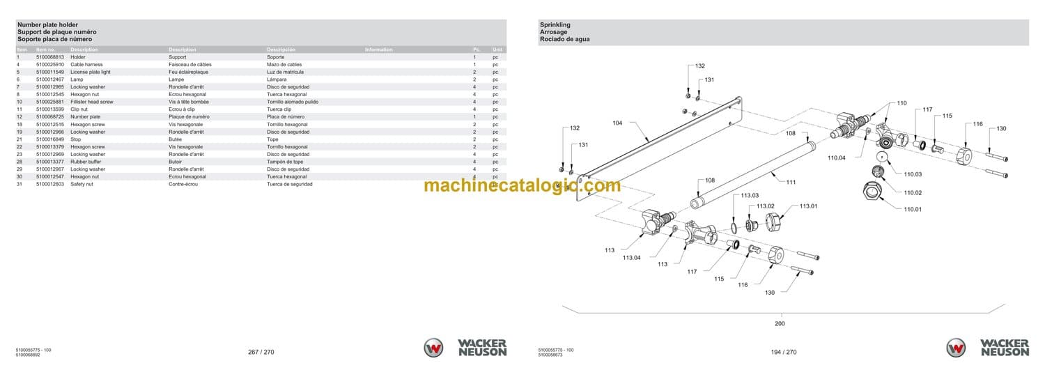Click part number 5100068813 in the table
click(x=50, y=57)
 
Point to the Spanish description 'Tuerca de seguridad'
click(x=290, y=184)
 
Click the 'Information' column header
click(x=378, y=49)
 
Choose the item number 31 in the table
click(x=20, y=184)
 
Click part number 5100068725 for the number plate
click(x=50, y=117)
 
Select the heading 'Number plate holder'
click(x=48, y=25)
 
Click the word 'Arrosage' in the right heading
click(x=553, y=32)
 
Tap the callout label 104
click(x=617, y=123)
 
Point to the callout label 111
click(x=791, y=182)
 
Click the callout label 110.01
click(x=913, y=209)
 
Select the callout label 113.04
click(x=631, y=258)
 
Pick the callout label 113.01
click(x=808, y=206)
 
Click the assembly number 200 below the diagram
click(x=780, y=323)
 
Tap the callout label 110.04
click(x=837, y=158)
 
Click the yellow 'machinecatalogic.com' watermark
click(x=522, y=185)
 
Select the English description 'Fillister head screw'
click(x=92, y=102)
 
